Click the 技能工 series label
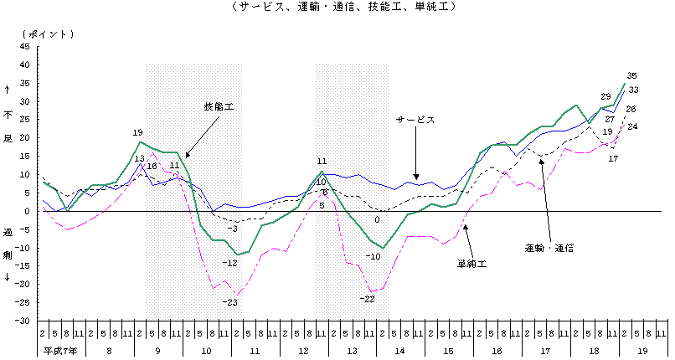[219, 107]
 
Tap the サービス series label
[415, 121]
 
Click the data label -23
[231, 302]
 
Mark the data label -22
[367, 299]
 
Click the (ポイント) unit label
[49, 33]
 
